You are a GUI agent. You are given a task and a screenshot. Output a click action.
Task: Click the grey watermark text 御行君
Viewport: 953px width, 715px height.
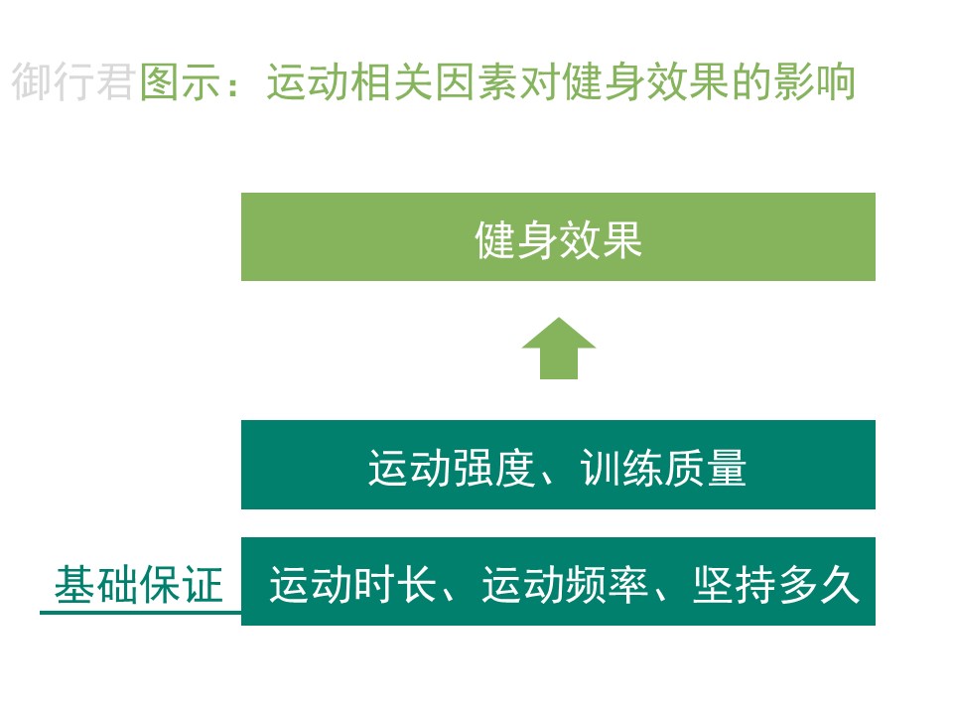pos(72,81)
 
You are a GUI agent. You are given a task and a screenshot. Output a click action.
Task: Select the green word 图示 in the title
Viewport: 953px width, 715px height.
pos(181,81)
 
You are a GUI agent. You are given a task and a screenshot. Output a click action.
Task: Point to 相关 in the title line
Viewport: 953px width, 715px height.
pos(393,81)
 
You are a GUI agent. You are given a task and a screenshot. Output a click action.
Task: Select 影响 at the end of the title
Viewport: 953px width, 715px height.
pos(814,81)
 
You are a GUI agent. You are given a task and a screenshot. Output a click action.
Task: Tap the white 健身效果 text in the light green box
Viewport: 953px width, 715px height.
pos(558,239)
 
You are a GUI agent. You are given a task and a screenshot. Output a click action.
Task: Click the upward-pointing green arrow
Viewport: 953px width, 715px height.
pos(559,349)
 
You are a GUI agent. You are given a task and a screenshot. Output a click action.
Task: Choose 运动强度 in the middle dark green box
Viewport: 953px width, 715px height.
pos(452,468)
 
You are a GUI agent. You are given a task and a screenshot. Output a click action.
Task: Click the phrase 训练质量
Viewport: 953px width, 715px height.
pos(664,468)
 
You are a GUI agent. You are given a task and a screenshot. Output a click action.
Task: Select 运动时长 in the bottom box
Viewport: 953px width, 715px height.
pos(352,584)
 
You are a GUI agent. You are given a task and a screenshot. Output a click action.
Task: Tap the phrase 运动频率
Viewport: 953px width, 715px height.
pos(565,584)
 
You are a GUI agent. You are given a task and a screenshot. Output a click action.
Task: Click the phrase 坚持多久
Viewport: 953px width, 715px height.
pos(776,584)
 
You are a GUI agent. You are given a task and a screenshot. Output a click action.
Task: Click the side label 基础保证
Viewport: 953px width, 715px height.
pos(139,584)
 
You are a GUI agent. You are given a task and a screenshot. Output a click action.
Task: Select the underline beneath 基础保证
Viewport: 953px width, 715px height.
pos(140,613)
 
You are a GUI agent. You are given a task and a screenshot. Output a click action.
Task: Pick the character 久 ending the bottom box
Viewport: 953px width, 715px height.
pos(840,584)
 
